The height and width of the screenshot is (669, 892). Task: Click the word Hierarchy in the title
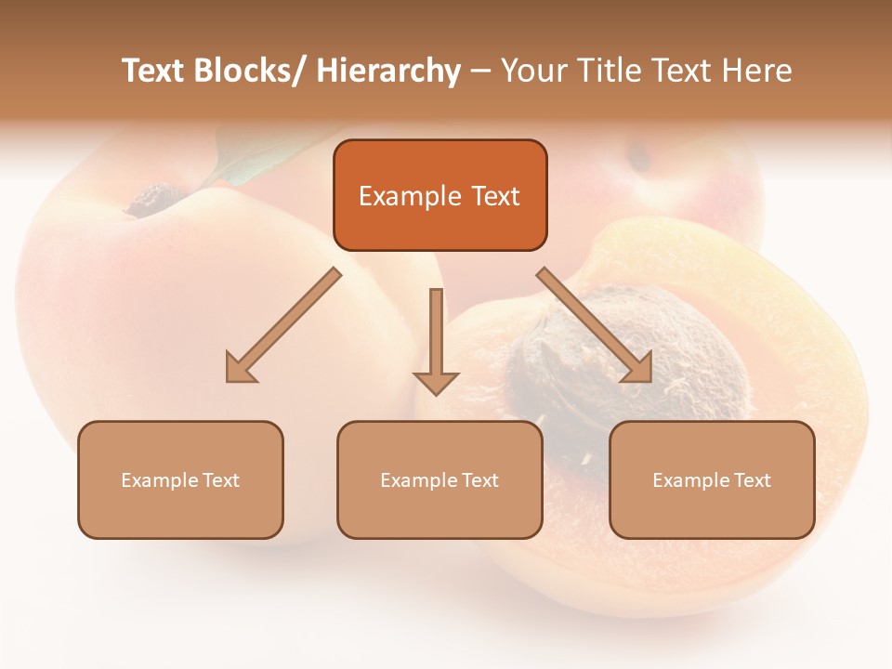[388, 71]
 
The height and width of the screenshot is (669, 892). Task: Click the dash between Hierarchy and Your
[479, 72]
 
